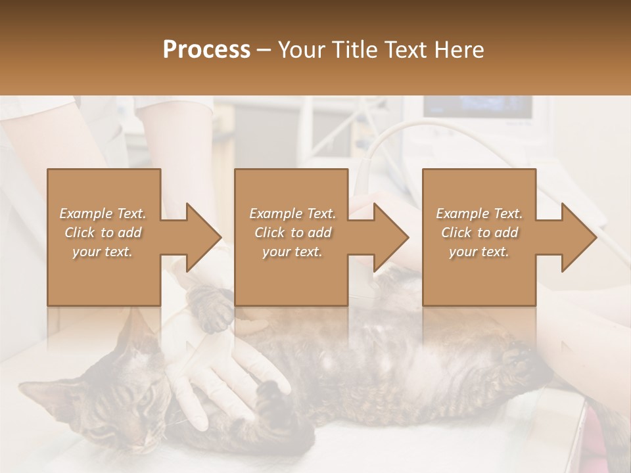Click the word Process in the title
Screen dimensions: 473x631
206,50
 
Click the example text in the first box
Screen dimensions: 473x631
103,233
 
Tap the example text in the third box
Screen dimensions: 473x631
479,233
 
